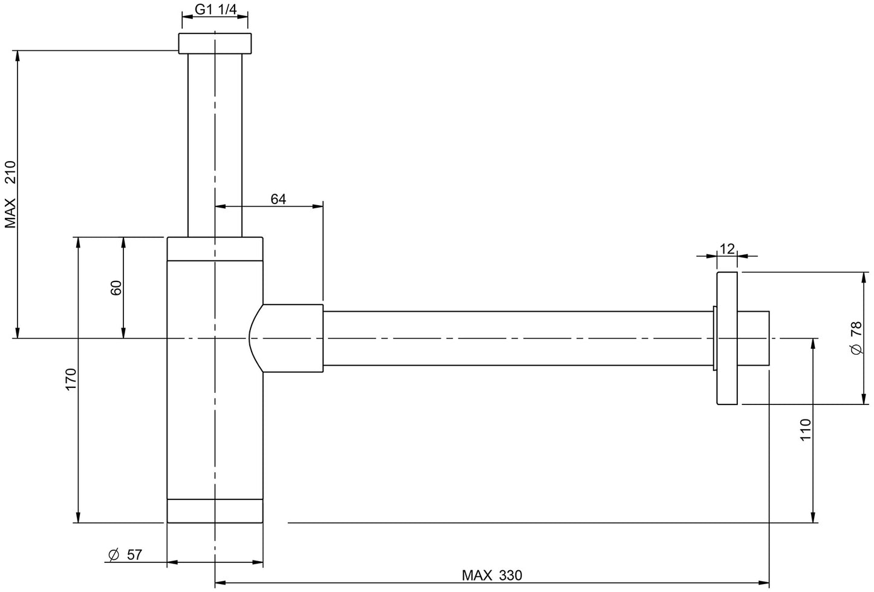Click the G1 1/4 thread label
pos(215,10)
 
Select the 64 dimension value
pos(278,199)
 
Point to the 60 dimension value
pos(116,288)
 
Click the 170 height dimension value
pos(71,379)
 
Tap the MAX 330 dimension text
pos(491,574)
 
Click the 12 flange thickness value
pos(727,248)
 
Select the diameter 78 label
pos(856,338)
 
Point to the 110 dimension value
pos(805,430)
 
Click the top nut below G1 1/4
pos(215,44)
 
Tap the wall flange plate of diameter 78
pos(727,338)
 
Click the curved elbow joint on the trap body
pos(257,338)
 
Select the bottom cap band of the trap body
pos(215,511)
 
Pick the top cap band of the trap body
pos(215,249)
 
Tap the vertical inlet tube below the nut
pos(215,145)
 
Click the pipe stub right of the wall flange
pos(754,338)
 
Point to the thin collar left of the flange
pos(714,338)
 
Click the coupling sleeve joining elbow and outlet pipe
pos(293,338)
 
